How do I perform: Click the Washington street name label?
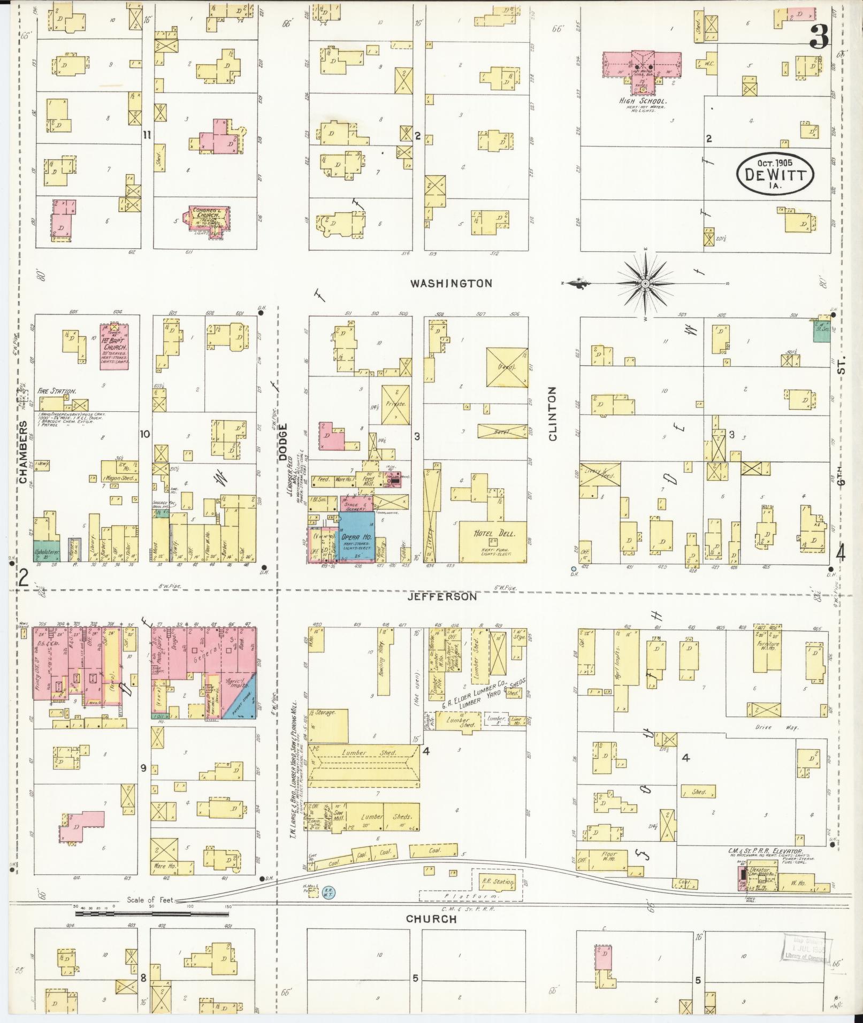(450, 283)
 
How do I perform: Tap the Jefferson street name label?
(441, 596)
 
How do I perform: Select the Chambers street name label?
(24, 452)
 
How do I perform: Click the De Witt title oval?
(775, 173)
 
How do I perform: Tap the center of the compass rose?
(646, 283)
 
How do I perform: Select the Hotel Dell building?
(492, 541)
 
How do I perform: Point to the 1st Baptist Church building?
(116, 346)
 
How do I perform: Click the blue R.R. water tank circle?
(329, 891)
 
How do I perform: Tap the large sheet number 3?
(819, 36)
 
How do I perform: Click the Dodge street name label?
(283, 442)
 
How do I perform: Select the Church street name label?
(431, 919)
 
